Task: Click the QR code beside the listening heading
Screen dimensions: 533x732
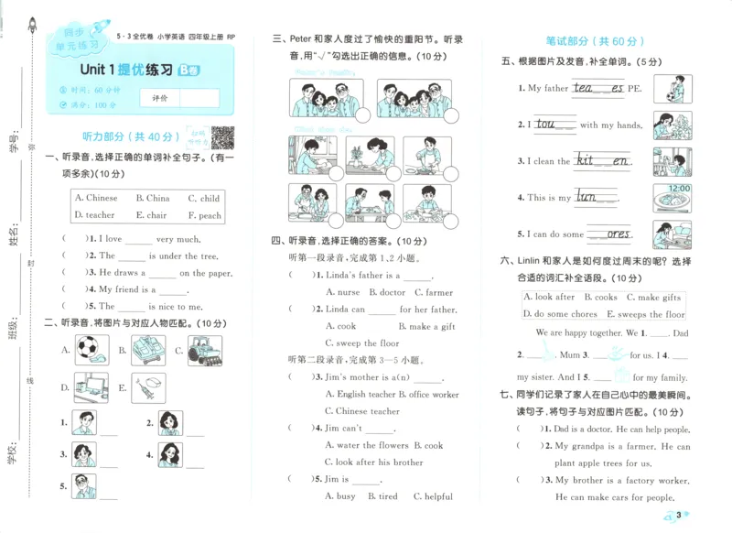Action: pos(222,137)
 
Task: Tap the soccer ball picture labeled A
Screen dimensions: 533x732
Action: pos(92,349)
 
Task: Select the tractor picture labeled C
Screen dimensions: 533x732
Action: pos(204,349)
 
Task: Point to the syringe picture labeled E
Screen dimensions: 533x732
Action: pos(147,388)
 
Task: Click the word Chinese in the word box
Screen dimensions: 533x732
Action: pos(97,198)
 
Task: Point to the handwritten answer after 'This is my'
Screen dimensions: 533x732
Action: pos(587,196)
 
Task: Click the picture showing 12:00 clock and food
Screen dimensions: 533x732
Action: pos(672,197)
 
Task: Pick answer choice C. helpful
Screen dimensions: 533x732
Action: pos(433,495)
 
